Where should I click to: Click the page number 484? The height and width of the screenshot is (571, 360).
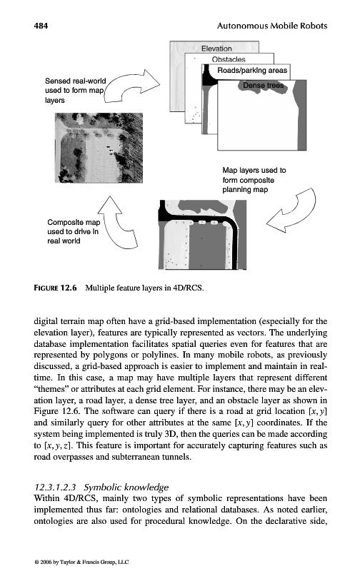(x=41, y=26)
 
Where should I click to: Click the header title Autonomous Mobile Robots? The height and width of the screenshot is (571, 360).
(x=272, y=26)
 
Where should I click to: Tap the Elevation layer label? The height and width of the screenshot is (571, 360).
(x=216, y=49)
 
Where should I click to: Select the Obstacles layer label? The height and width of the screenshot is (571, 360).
(x=229, y=59)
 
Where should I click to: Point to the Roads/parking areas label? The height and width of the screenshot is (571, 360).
(x=252, y=70)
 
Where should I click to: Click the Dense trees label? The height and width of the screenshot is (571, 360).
(x=263, y=85)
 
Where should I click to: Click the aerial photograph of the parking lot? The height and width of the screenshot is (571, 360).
(x=99, y=148)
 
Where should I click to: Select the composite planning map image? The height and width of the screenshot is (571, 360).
(x=203, y=235)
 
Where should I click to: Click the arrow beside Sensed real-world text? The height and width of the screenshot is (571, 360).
(x=132, y=86)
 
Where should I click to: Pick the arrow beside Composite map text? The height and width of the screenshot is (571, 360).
(x=117, y=222)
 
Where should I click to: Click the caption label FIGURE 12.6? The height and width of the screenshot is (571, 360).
(x=56, y=288)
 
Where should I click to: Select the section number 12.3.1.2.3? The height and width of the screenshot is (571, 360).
(x=55, y=487)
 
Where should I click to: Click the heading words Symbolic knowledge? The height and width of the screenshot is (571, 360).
(x=126, y=487)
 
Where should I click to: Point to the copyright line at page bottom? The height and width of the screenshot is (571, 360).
(x=81, y=562)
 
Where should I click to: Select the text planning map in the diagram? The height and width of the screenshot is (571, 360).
(x=245, y=190)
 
